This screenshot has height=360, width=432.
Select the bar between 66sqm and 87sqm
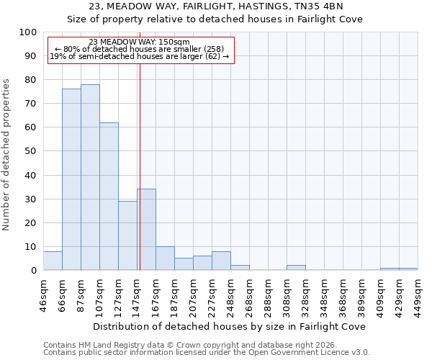click(x=71, y=179)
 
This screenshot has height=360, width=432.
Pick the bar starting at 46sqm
click(x=53, y=261)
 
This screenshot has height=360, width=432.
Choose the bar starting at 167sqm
click(x=165, y=258)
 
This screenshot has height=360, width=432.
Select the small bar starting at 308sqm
click(x=296, y=268)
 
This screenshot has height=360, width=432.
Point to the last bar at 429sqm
click(x=408, y=269)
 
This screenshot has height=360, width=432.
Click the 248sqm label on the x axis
click(x=230, y=294)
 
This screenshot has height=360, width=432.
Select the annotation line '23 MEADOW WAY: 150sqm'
click(x=140, y=42)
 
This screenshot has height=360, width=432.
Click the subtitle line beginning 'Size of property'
click(x=215, y=19)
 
